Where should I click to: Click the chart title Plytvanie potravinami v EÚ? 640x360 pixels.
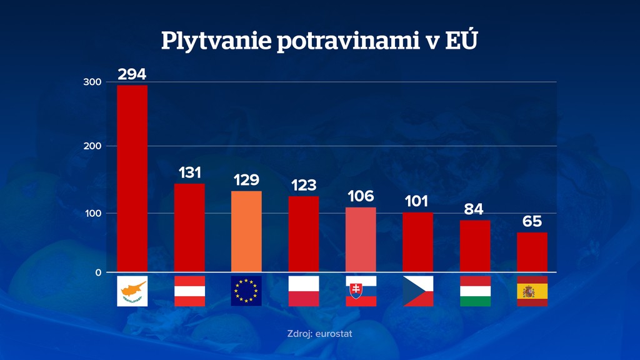point(319,42)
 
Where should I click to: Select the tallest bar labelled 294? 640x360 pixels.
point(132,178)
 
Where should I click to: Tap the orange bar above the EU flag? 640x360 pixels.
point(246,231)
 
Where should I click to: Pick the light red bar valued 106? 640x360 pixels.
point(361,239)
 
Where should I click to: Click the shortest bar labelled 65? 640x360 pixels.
point(532,252)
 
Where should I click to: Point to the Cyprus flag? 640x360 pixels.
point(132,291)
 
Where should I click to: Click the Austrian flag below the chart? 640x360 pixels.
point(189,291)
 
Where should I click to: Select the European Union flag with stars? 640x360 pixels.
point(246,291)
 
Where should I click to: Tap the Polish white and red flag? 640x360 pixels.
point(304,291)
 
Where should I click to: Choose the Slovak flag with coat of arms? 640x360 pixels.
point(361,291)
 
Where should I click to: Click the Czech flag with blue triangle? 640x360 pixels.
point(417,291)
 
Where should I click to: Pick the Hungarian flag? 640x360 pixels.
point(475,291)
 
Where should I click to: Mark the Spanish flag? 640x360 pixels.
point(532,291)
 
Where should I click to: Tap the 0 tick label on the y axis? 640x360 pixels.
point(98,272)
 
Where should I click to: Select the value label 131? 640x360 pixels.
point(189,172)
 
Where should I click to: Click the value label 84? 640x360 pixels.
point(474,209)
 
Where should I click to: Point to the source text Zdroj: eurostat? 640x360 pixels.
point(319,334)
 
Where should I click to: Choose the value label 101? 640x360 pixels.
point(416,201)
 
